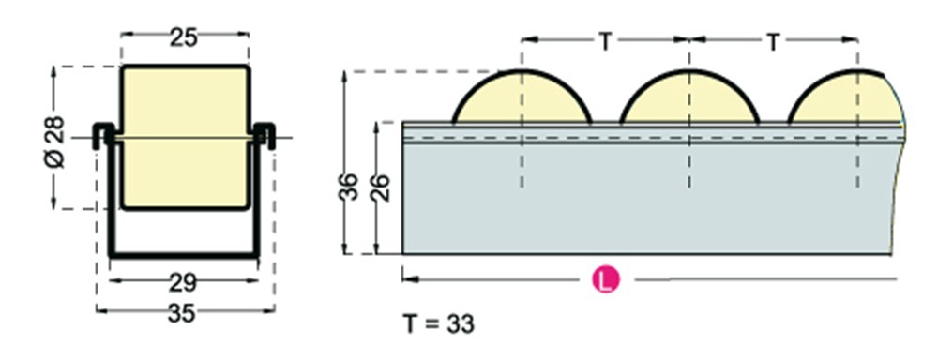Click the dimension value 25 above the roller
point(184,38)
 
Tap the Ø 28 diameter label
point(54,142)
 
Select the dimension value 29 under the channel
point(183,283)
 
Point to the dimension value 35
point(182,313)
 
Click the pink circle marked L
point(606,280)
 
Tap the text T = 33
point(438,323)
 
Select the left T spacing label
point(605,42)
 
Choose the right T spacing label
point(774,42)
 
